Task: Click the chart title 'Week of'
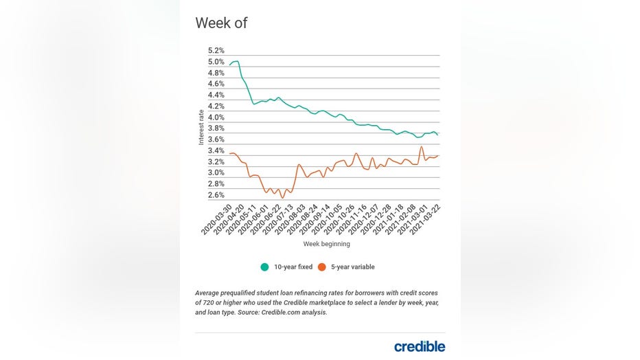(221, 23)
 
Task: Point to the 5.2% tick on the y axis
(216, 51)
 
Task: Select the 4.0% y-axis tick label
(216, 117)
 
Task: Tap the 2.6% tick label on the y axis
(216, 195)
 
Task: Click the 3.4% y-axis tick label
(216, 151)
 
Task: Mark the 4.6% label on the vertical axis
(216, 84)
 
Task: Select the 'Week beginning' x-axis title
(326, 244)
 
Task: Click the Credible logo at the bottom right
(419, 346)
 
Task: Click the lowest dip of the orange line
(282, 198)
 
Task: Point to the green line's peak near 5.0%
(236, 62)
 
